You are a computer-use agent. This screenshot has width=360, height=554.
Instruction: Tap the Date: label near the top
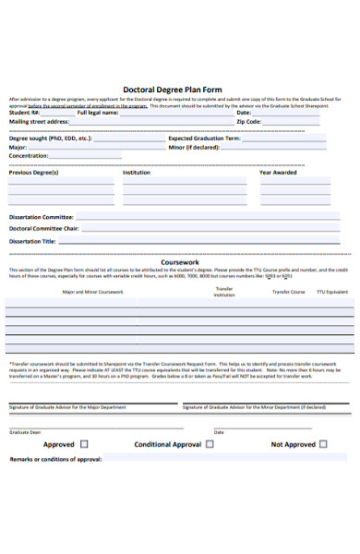pos(244,112)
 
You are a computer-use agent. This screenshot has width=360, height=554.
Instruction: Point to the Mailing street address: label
pos(39,121)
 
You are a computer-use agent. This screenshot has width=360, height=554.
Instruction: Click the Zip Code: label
pos(248,121)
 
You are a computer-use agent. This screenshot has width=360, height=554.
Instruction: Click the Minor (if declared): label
pos(194,147)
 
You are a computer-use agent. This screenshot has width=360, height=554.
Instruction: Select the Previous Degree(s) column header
pos(33,172)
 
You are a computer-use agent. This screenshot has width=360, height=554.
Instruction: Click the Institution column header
pos(137,172)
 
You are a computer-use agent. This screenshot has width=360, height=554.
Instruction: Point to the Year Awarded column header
pos(278,172)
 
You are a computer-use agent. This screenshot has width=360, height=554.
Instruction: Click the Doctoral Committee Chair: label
pos(44,228)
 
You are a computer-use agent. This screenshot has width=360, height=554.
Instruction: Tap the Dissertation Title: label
pos(32,241)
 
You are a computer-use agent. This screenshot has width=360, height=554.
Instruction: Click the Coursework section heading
pos(180,262)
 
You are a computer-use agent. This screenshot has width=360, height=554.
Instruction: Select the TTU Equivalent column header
pos(332,292)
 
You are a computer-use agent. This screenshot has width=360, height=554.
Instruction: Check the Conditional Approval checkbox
pos(210,444)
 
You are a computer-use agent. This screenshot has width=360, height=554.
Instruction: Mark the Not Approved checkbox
pos(324,444)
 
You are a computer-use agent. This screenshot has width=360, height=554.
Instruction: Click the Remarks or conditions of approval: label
pos(55,459)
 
